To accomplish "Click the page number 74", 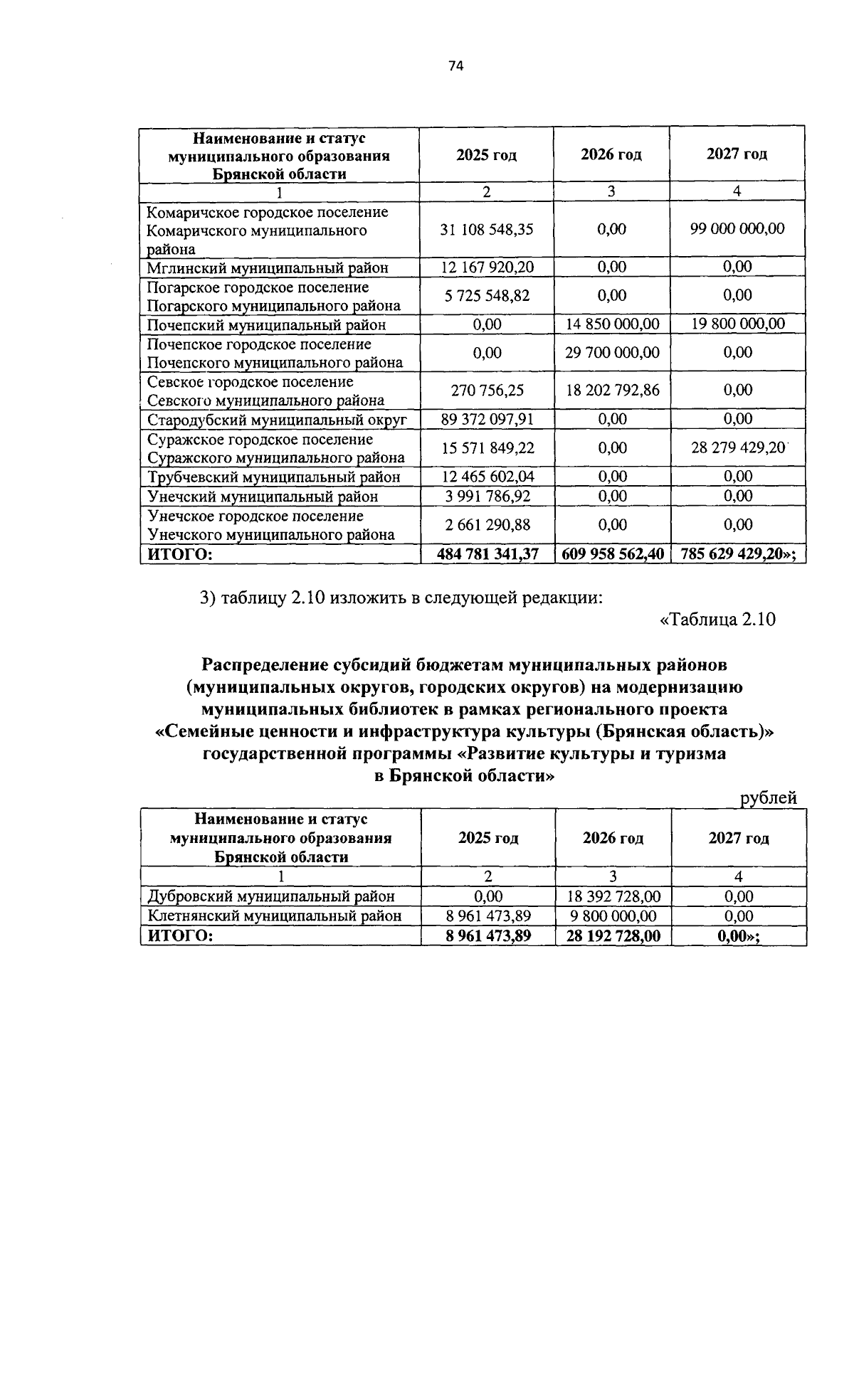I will [x=456, y=65].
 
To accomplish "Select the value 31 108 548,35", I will [x=487, y=229].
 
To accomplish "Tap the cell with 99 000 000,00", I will [x=737, y=228].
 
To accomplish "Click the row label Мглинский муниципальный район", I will [x=268, y=268].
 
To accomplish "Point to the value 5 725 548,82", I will [x=487, y=295].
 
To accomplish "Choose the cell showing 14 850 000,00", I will [x=612, y=324].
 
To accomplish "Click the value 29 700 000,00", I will [x=612, y=353].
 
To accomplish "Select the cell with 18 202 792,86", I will [x=612, y=390].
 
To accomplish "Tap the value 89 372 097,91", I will [x=487, y=419].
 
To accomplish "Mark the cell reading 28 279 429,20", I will [x=737, y=447].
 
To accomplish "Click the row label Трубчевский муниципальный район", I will [x=273, y=477].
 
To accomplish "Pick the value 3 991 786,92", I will [x=487, y=496].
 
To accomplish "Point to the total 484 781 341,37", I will [x=487, y=553].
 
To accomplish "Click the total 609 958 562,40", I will [x=612, y=553].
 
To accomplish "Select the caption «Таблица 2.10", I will [x=717, y=619].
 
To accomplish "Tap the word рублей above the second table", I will [x=768, y=798].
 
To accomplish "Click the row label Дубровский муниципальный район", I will [x=270, y=896].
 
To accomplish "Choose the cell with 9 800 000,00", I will [x=612, y=916].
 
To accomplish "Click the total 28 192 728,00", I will [x=612, y=935].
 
